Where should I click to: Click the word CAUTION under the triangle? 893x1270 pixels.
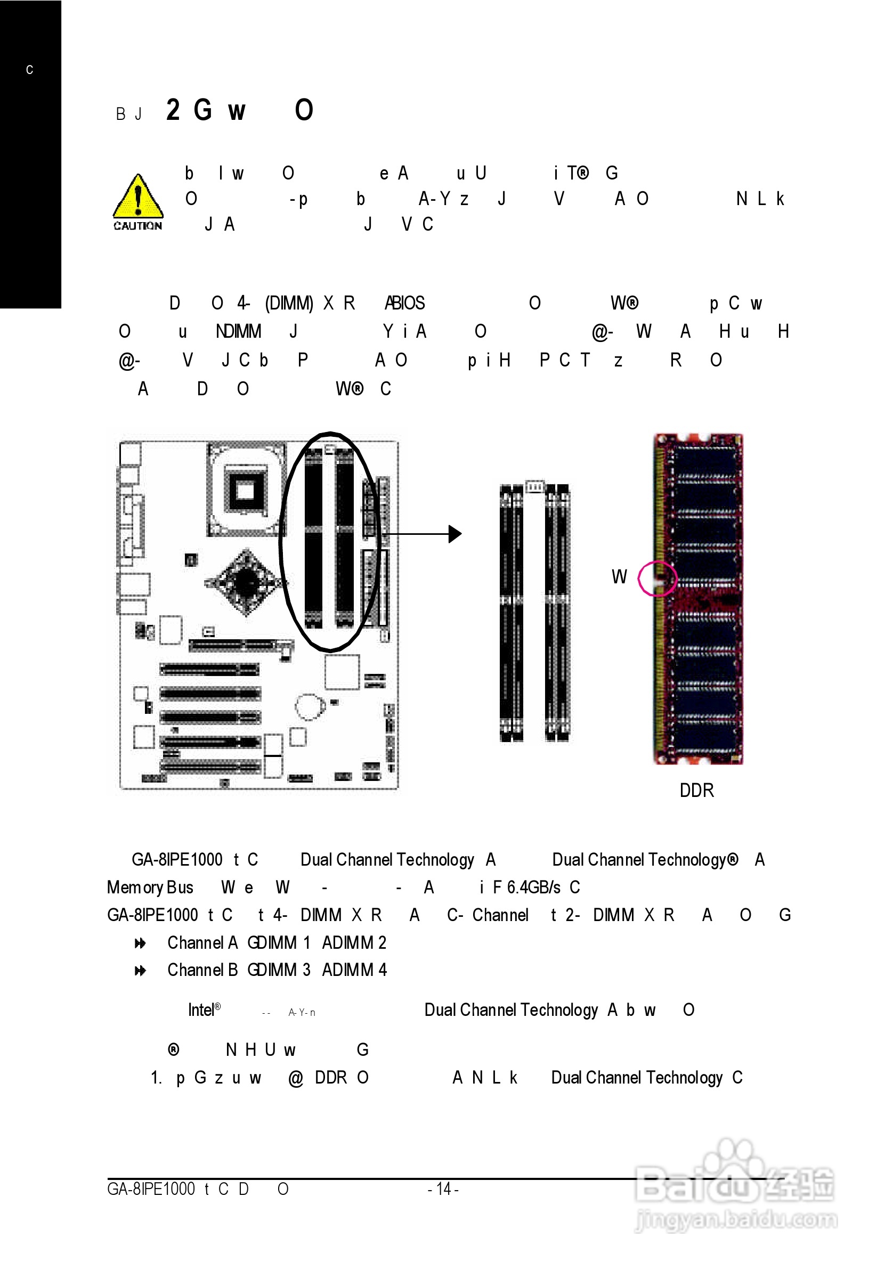pyautogui.click(x=138, y=226)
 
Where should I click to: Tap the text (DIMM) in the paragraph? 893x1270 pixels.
pyautogui.click(x=289, y=303)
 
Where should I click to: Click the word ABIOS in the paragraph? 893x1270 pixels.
pyautogui.click(x=404, y=303)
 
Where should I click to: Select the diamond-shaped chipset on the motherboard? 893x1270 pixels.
pyautogui.click(x=246, y=582)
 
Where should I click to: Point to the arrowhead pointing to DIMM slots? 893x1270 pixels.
pyautogui.click(x=455, y=534)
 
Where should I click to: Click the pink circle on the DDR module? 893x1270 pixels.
pyautogui.click(x=657, y=579)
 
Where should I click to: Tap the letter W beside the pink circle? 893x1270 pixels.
pyautogui.click(x=619, y=577)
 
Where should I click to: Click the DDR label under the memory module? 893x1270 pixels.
pyautogui.click(x=696, y=791)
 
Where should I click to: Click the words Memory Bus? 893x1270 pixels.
pyautogui.click(x=150, y=887)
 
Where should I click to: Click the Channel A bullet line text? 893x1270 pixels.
pyautogui.click(x=277, y=942)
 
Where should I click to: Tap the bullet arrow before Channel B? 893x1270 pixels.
pyautogui.click(x=140, y=970)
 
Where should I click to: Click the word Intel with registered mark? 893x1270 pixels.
pyautogui.click(x=204, y=1010)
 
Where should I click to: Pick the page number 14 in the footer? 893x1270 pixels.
pyautogui.click(x=443, y=1188)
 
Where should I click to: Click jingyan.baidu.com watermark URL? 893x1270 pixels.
pyautogui.click(x=736, y=1220)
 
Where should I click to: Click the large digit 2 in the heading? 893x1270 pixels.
pyautogui.click(x=173, y=110)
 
